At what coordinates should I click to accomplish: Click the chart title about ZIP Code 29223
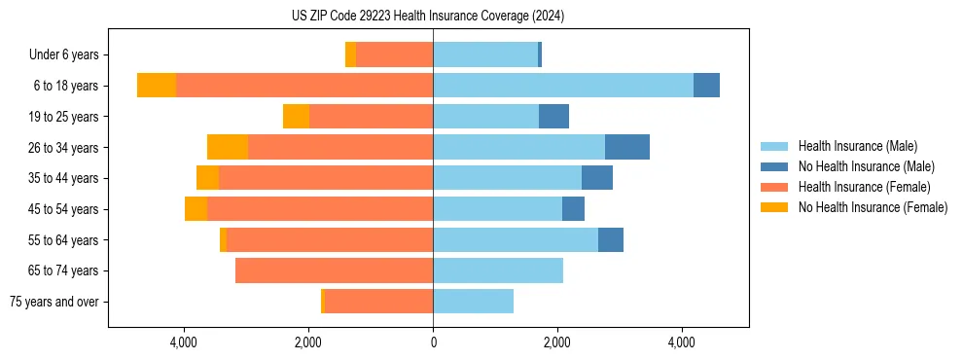point(428,17)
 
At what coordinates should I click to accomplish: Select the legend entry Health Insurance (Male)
point(857,146)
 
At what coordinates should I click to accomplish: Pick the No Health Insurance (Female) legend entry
point(873,207)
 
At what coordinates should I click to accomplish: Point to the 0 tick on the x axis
point(433,342)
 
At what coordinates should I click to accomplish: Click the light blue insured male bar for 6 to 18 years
point(563,86)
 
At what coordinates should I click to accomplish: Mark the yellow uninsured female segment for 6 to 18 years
point(157,86)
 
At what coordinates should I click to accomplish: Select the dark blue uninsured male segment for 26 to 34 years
point(627,147)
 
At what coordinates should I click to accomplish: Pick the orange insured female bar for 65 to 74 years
point(334,270)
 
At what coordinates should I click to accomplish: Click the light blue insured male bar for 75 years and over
point(473,302)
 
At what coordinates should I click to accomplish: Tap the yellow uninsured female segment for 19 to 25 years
point(296,117)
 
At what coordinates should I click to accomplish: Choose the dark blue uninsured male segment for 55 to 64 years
point(611,239)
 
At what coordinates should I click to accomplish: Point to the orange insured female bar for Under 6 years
point(394,55)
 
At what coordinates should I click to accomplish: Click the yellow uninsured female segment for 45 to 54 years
point(196,209)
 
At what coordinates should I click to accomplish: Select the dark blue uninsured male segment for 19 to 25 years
point(553,117)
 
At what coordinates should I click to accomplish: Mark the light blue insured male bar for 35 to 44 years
point(507,178)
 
